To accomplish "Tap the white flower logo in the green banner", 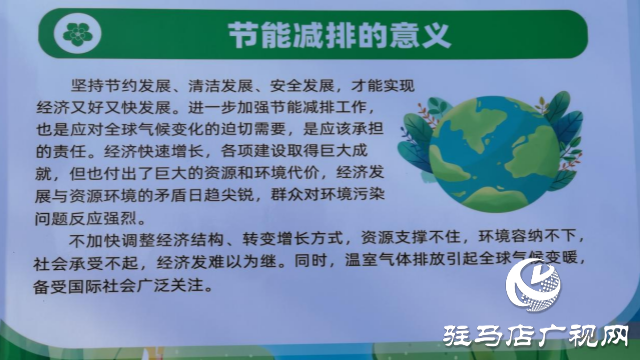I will (x=75, y=36).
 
